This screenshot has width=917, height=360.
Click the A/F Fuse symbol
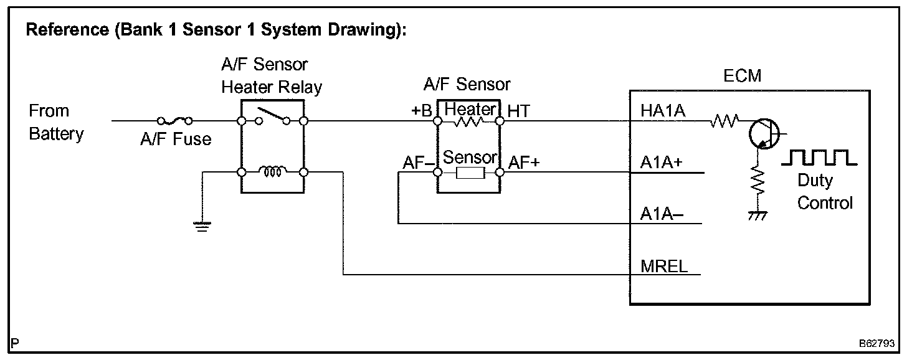(175, 121)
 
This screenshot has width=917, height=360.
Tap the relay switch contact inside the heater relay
(273, 116)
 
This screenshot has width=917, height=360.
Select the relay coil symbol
(273, 171)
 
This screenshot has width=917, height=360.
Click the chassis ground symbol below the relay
(202, 227)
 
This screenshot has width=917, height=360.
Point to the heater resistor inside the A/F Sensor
(468, 121)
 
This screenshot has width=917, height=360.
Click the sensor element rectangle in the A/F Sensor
(470, 173)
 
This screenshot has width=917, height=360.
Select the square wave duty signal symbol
(819, 158)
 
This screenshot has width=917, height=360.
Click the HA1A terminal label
(663, 111)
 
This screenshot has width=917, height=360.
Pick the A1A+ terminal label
(661, 163)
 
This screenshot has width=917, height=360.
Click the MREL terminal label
(664, 267)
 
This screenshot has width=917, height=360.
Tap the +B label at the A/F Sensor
(421, 110)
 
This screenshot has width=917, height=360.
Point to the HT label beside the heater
(519, 111)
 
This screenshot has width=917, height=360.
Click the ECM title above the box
(742, 76)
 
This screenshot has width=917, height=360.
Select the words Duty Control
(825, 191)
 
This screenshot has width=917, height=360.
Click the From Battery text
(56, 122)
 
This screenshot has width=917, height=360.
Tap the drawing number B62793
(877, 343)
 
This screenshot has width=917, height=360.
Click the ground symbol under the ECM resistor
(758, 216)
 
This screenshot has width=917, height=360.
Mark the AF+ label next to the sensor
(524, 163)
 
